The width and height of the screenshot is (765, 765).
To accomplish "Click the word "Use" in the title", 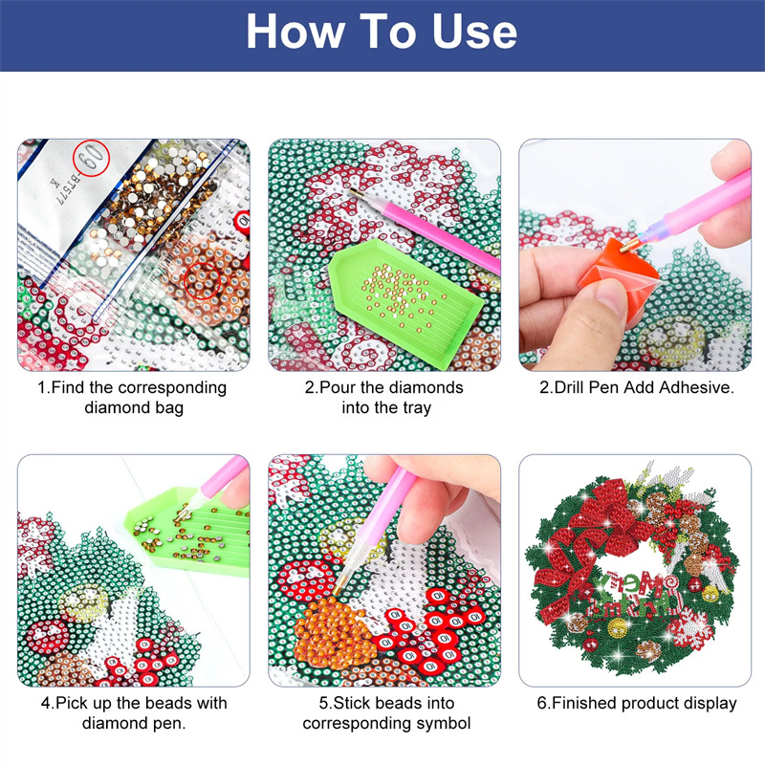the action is [474, 32].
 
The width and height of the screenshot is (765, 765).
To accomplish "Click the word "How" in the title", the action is [295, 32].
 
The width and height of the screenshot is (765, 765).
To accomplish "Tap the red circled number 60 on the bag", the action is [92, 158].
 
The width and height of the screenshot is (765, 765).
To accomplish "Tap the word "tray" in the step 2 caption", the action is [416, 408].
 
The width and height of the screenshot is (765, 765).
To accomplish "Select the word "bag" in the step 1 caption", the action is [169, 408].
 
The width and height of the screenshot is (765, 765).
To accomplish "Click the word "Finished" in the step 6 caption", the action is [584, 704].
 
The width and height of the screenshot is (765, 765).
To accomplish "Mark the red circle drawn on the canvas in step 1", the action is [202, 280].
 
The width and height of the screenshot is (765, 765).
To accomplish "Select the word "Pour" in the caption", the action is [337, 388].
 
